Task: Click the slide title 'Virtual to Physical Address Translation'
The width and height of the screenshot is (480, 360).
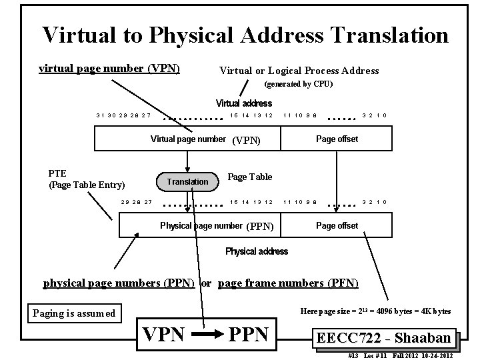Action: pyautogui.click(x=245, y=35)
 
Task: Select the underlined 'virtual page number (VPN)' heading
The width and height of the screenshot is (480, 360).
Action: pyautogui.click(x=109, y=68)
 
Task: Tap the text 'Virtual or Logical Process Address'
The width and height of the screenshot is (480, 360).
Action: pyautogui.click(x=299, y=71)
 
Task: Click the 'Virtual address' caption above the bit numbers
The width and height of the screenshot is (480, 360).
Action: pyautogui.click(x=243, y=103)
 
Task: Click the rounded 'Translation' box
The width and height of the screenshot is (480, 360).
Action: pyautogui.click(x=187, y=181)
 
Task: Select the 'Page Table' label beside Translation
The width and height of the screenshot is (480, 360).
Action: pyautogui.click(x=250, y=177)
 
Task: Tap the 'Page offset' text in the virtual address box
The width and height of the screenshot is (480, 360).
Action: pyautogui.click(x=337, y=139)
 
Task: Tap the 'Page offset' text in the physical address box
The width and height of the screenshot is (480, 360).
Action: pyautogui.click(x=337, y=225)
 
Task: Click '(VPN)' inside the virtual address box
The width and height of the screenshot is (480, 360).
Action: pyautogui.click(x=245, y=140)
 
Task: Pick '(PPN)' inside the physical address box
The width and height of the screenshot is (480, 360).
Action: pyautogui.click(x=260, y=226)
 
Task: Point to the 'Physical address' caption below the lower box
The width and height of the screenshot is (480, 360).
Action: pyautogui.click(x=257, y=251)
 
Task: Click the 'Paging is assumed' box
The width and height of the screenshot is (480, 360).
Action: pyautogui.click(x=74, y=313)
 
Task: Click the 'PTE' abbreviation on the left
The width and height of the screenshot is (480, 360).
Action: pyautogui.click(x=58, y=173)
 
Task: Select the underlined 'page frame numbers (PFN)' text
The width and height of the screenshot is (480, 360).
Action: pyautogui.click(x=288, y=283)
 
